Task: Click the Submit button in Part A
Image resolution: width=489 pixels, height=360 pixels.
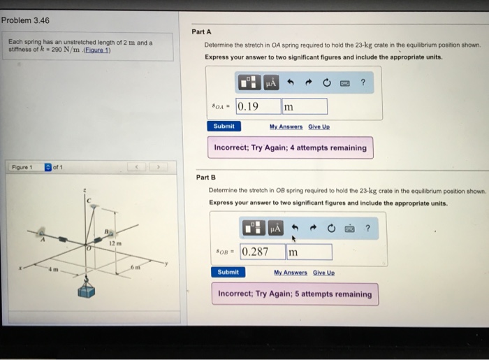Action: point(224,126)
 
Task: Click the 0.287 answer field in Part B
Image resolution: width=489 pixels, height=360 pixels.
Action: point(262,252)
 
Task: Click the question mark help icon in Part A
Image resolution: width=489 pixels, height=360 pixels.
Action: point(363,83)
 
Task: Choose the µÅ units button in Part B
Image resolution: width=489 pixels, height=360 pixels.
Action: point(275,229)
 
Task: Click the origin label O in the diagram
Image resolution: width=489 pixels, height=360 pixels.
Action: point(87,248)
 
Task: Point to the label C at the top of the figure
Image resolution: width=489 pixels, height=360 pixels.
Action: point(89,201)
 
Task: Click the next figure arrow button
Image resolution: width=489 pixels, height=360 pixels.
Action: point(159,168)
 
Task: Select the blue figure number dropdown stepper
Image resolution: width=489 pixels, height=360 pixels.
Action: point(48,168)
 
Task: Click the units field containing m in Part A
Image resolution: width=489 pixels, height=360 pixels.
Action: point(304,107)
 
